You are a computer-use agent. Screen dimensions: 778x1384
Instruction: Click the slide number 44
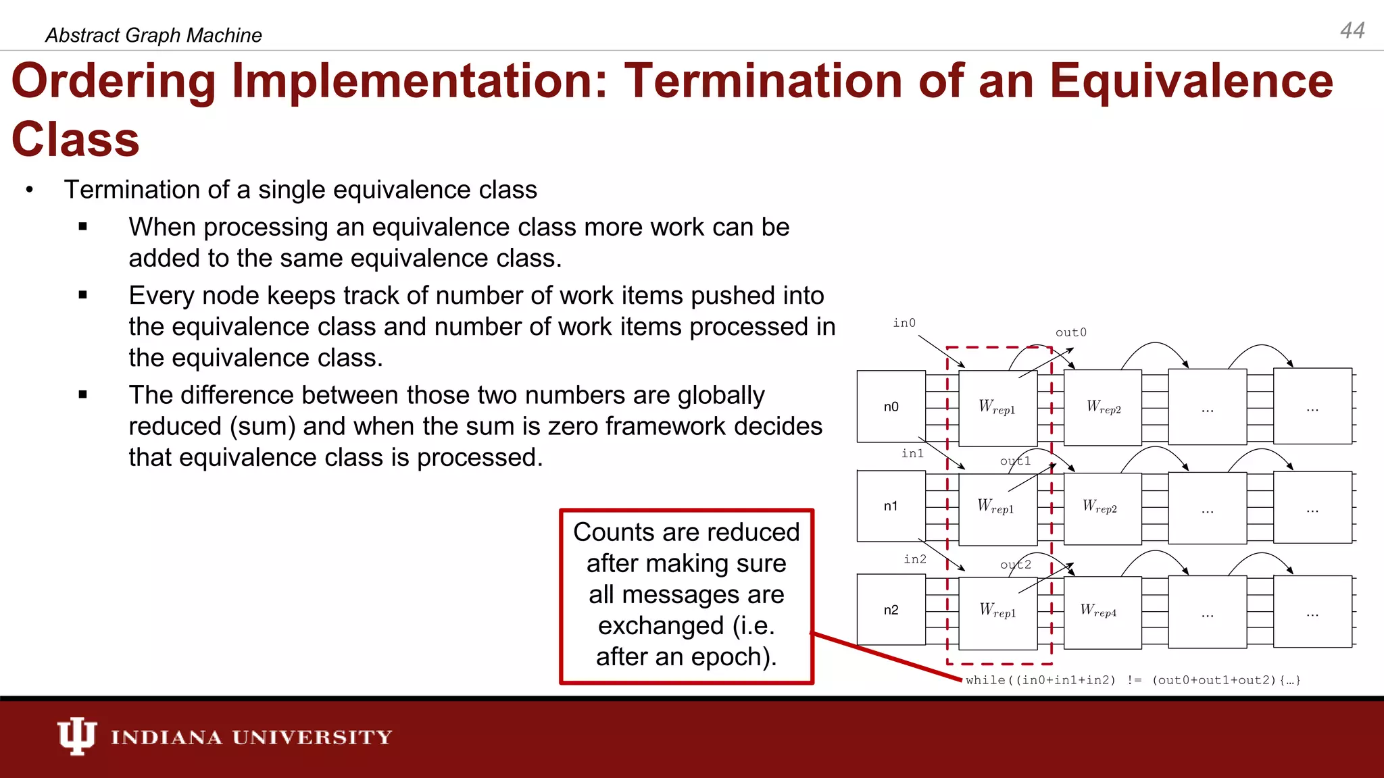tap(1352, 30)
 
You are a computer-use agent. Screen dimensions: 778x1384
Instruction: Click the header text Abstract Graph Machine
tap(153, 35)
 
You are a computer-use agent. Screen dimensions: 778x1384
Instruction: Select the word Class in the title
tap(76, 140)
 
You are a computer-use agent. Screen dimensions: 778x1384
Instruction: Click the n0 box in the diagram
tap(891, 407)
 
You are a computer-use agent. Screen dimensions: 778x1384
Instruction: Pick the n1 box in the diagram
tap(891, 506)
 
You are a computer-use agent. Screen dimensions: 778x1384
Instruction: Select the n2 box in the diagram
tap(891, 610)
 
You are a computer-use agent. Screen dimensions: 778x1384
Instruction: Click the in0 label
tap(904, 323)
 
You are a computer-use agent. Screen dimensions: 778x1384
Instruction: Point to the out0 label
tap(1071, 332)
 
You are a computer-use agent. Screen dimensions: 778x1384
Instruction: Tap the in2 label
tap(915, 559)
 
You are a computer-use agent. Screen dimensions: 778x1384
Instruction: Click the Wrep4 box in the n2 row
tap(1102, 611)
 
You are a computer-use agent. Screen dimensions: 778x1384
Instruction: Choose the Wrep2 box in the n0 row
tap(1103, 408)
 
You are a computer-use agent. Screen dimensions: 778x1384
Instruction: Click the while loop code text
tap(1133, 680)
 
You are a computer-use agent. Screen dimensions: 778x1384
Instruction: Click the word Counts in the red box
tap(614, 532)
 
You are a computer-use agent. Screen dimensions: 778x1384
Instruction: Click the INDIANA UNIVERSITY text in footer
tap(251, 737)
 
